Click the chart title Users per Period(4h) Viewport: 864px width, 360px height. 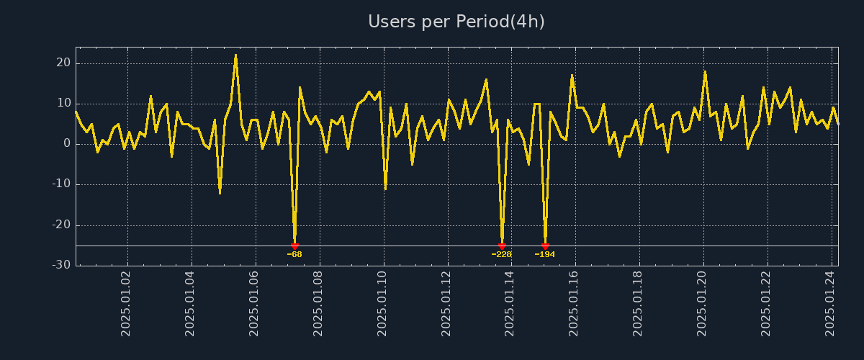(x=456, y=22)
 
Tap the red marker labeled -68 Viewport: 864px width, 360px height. (x=294, y=246)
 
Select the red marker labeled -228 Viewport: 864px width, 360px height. (x=502, y=246)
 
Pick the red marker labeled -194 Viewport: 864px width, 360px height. (x=545, y=246)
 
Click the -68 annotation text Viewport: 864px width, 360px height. (x=294, y=254)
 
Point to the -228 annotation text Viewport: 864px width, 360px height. (x=502, y=254)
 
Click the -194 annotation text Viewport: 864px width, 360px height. (x=545, y=254)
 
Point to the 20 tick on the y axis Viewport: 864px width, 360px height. (x=63, y=63)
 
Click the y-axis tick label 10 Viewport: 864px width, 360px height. (x=63, y=104)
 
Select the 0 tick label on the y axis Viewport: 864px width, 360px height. (x=67, y=144)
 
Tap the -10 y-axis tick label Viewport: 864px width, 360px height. (x=61, y=184)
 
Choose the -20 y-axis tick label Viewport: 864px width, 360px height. (x=61, y=225)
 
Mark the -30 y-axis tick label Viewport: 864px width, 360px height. (x=61, y=265)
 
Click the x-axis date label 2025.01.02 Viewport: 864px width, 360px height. (x=127, y=303)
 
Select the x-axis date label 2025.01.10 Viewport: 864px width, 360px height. (x=383, y=303)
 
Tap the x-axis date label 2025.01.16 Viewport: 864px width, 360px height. (x=575, y=303)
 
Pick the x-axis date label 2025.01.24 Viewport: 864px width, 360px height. (x=830, y=303)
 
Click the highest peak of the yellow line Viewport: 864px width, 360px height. (x=235, y=55)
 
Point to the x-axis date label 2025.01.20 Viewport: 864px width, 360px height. (x=703, y=303)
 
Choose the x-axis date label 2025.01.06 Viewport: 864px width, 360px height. (x=255, y=303)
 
